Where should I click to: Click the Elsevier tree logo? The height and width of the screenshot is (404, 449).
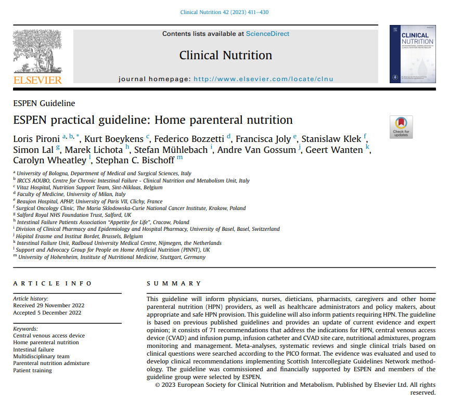point(37,52)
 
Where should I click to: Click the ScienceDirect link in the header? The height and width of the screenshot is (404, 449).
point(267,34)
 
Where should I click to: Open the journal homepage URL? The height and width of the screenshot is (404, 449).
point(263,79)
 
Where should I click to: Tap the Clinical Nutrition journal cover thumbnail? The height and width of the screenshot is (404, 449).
point(412,55)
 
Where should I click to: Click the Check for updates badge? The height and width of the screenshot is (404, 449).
point(401,127)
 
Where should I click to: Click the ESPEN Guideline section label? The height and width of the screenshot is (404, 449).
point(44,103)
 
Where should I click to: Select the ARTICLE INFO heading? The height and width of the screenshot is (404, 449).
point(53,283)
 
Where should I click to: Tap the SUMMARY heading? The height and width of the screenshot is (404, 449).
point(174,283)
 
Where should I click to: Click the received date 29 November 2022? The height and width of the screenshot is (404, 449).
point(49,305)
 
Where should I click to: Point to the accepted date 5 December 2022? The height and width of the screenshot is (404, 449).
point(47,312)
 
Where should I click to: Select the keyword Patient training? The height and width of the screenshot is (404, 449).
point(33,370)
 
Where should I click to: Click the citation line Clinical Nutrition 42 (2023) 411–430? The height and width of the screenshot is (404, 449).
point(224,12)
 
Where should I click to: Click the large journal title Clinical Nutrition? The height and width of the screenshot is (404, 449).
point(226,55)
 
